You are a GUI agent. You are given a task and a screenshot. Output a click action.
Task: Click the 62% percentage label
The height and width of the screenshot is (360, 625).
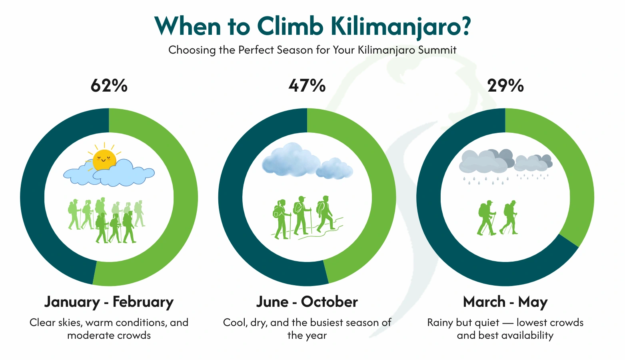(x=109, y=86)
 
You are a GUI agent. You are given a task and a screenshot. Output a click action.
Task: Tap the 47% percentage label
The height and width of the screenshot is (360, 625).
(x=307, y=86)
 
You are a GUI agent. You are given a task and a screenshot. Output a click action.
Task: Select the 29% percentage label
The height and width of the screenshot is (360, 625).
(x=505, y=86)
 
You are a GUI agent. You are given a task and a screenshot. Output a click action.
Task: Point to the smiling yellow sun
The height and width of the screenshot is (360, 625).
(x=104, y=160)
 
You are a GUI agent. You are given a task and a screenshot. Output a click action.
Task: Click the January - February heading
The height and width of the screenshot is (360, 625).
(x=109, y=302)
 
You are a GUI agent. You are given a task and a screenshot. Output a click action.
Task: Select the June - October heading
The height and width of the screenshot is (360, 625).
(x=307, y=302)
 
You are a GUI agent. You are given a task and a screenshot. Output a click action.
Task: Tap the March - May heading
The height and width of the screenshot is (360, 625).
(x=505, y=302)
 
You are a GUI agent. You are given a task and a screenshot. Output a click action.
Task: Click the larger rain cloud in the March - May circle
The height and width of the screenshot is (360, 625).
(x=486, y=162)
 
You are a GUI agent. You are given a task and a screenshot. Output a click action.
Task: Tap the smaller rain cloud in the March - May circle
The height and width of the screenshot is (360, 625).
(x=533, y=162)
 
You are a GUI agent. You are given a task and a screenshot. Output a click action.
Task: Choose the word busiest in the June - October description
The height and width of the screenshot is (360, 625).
(x=326, y=323)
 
